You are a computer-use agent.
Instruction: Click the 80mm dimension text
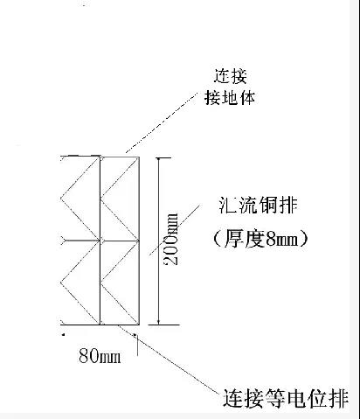pyautogui.click(x=99, y=357)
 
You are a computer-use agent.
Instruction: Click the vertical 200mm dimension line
pyautogui.click(x=158, y=262)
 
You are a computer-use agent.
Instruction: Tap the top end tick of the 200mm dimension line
pyautogui.click(x=158, y=157)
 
